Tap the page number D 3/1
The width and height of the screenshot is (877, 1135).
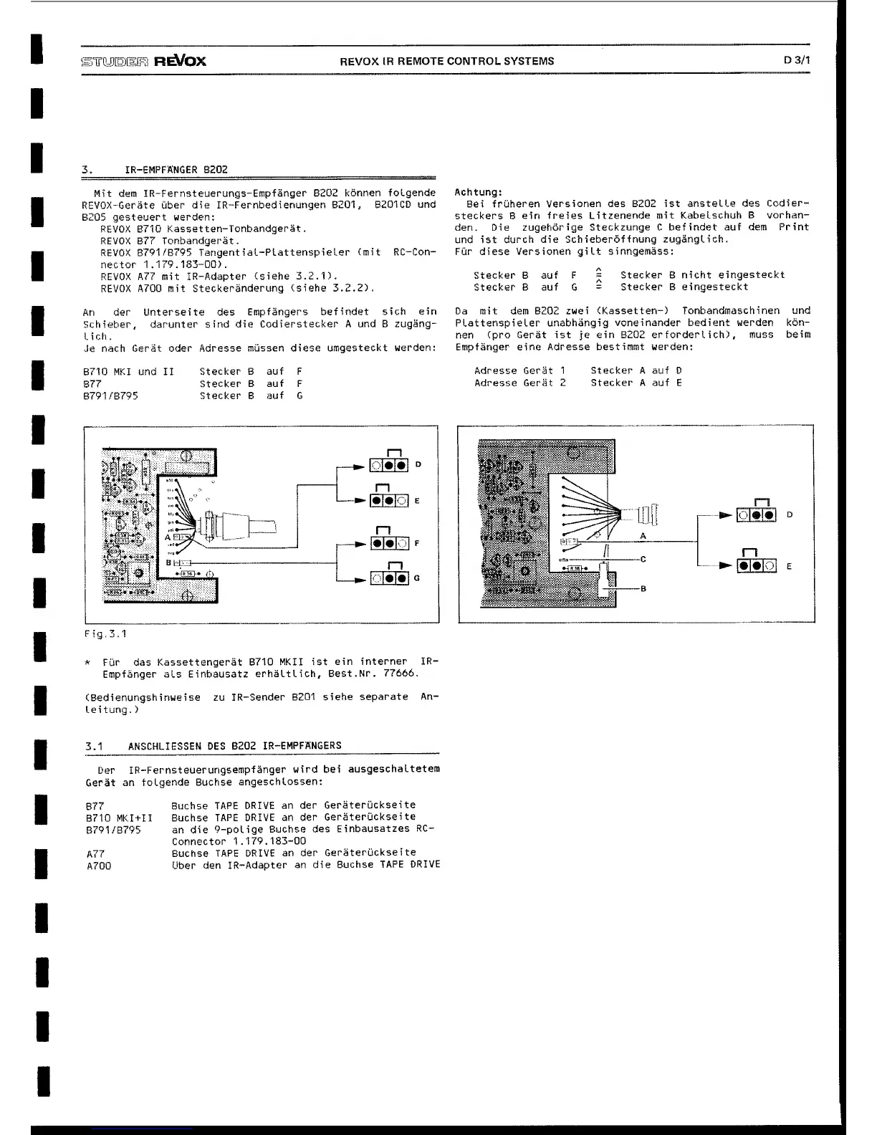point(797,61)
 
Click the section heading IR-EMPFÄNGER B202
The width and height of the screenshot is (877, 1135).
point(176,170)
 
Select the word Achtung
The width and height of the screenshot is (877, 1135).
point(478,192)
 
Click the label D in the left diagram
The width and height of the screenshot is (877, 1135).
point(418,464)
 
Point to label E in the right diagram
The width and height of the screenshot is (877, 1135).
point(789,566)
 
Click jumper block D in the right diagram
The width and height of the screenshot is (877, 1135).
point(757,515)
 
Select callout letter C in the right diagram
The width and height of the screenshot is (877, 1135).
point(643,559)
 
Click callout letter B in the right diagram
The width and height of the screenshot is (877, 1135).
point(643,589)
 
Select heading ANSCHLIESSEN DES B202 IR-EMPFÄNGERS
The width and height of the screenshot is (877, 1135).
point(235,746)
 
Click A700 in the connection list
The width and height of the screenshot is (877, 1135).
point(99,866)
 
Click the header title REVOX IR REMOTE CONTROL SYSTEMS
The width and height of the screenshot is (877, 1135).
point(446,61)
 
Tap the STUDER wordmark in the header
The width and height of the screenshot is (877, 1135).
point(115,61)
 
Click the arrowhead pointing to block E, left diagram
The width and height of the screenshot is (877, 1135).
point(362,501)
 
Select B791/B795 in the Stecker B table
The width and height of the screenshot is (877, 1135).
point(110,396)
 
